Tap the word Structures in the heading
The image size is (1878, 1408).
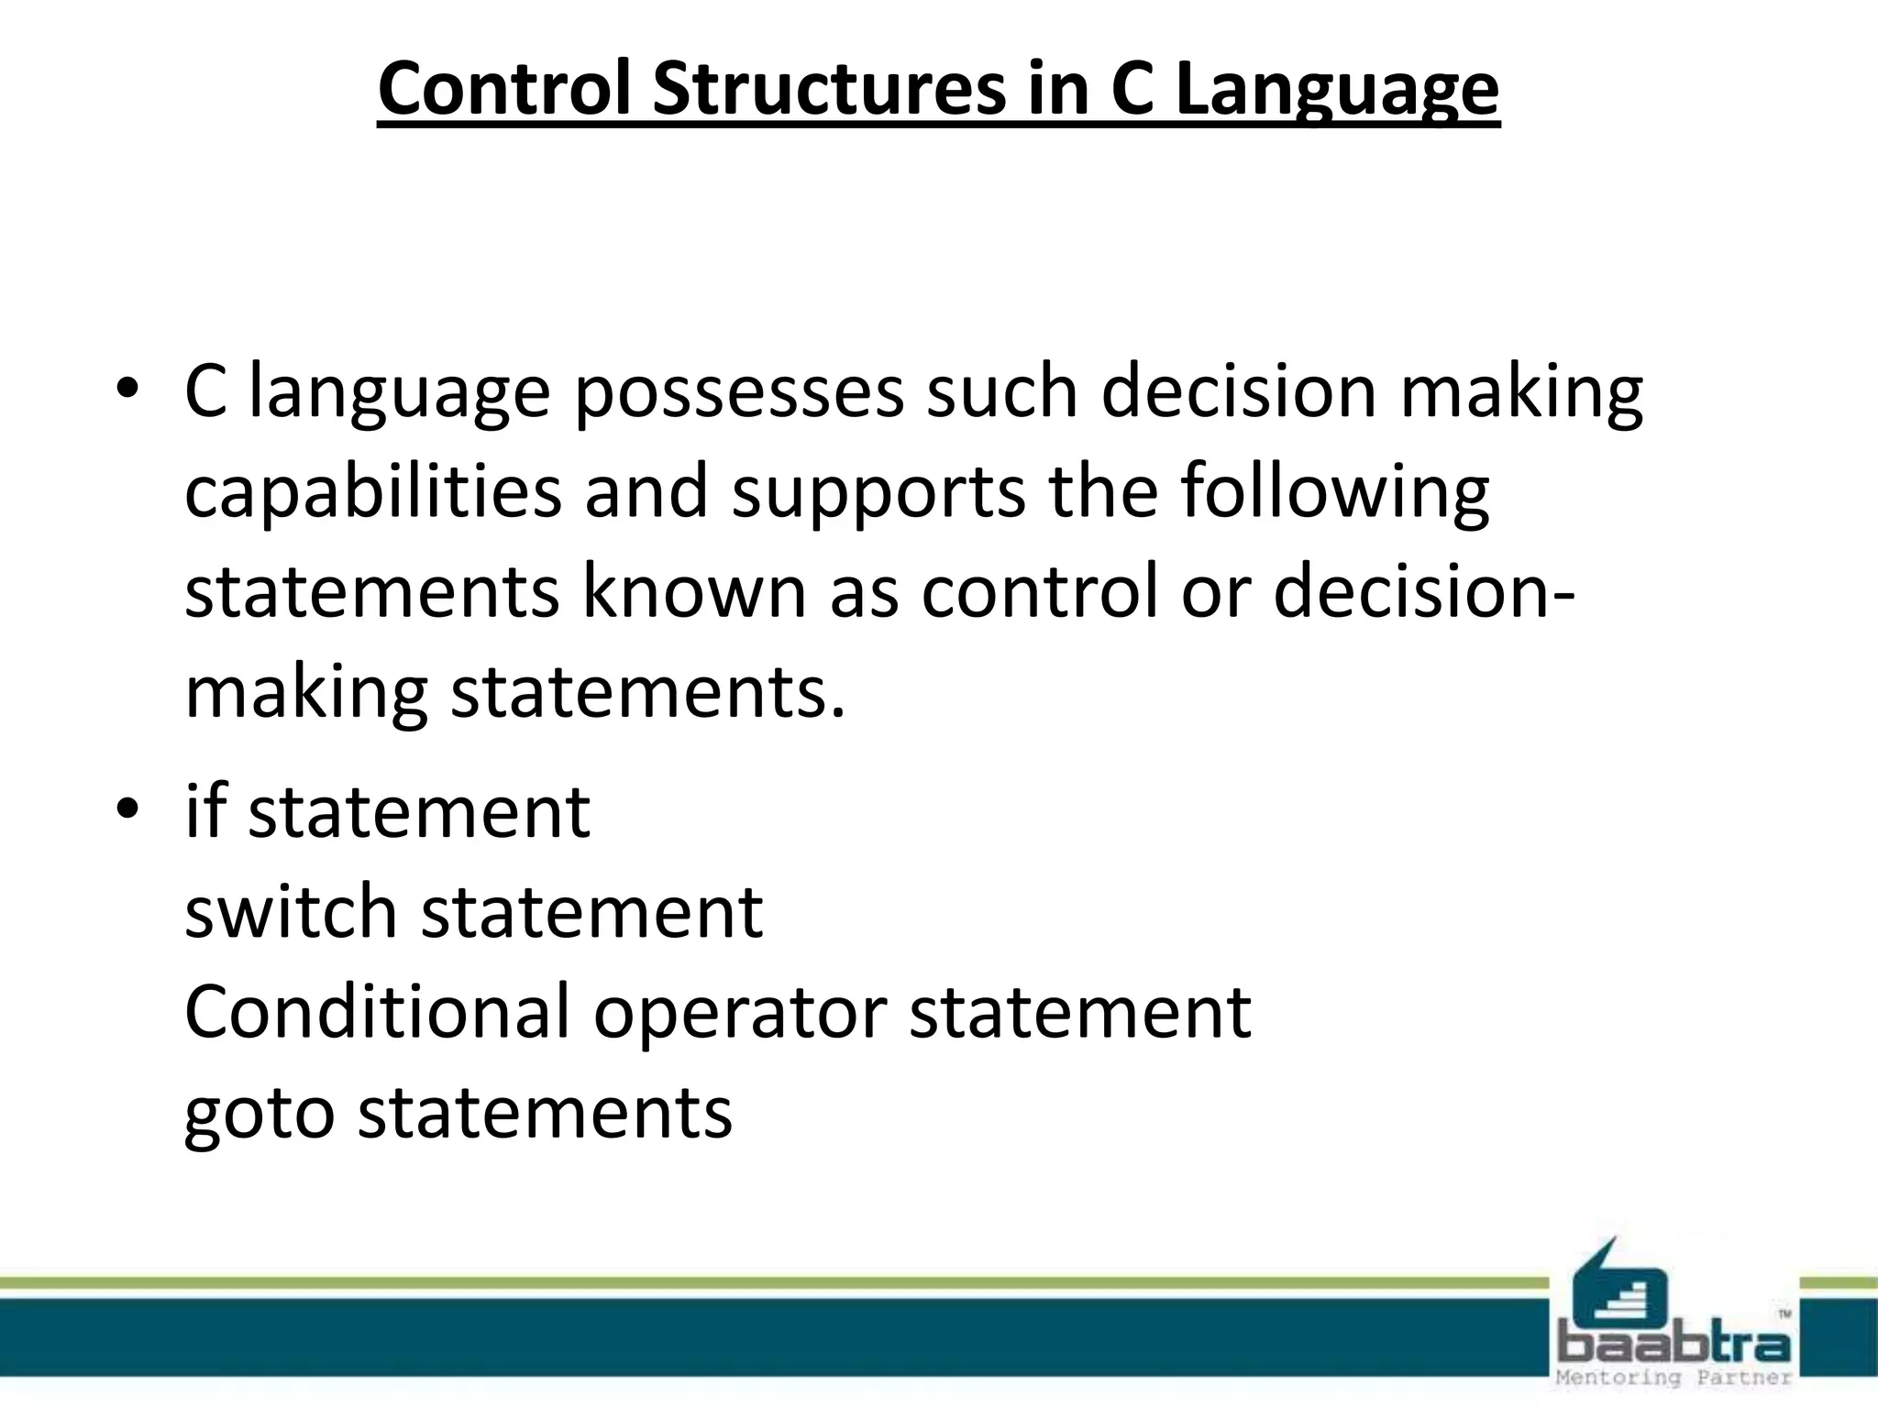coord(828,89)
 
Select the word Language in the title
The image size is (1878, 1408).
coord(1336,89)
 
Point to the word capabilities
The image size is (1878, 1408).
coord(372,493)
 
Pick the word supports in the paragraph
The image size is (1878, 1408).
coord(878,493)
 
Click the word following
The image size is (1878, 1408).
coord(1334,493)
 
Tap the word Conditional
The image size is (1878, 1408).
coord(377,1012)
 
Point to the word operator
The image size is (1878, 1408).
coord(739,1012)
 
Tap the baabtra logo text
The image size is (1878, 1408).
coord(1674,1343)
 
